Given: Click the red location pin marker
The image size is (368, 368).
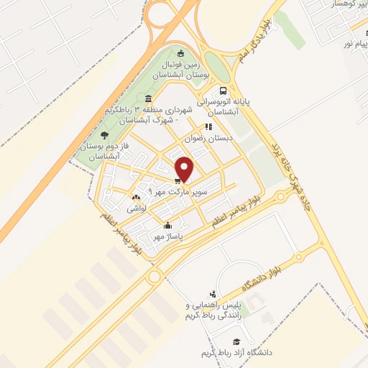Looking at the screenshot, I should pyautogui.click(x=185, y=169).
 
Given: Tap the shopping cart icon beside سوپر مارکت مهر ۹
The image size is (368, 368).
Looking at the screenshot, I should pyautogui.click(x=178, y=180).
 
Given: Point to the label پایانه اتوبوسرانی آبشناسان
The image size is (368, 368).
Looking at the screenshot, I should pyautogui.click(x=229, y=107).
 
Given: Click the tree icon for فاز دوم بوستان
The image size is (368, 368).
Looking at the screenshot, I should pyautogui.click(x=105, y=134).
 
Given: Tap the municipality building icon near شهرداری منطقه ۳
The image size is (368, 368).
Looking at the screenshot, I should pyautogui.click(x=148, y=98).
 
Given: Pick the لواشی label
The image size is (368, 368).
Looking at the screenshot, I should pyautogui.click(x=137, y=208).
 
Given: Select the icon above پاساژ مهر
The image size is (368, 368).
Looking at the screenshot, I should pyautogui.click(x=168, y=224).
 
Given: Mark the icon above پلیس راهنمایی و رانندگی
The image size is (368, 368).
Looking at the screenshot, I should pyautogui.click(x=212, y=293).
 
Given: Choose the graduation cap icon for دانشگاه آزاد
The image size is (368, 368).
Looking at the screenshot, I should pyautogui.click(x=235, y=341).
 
